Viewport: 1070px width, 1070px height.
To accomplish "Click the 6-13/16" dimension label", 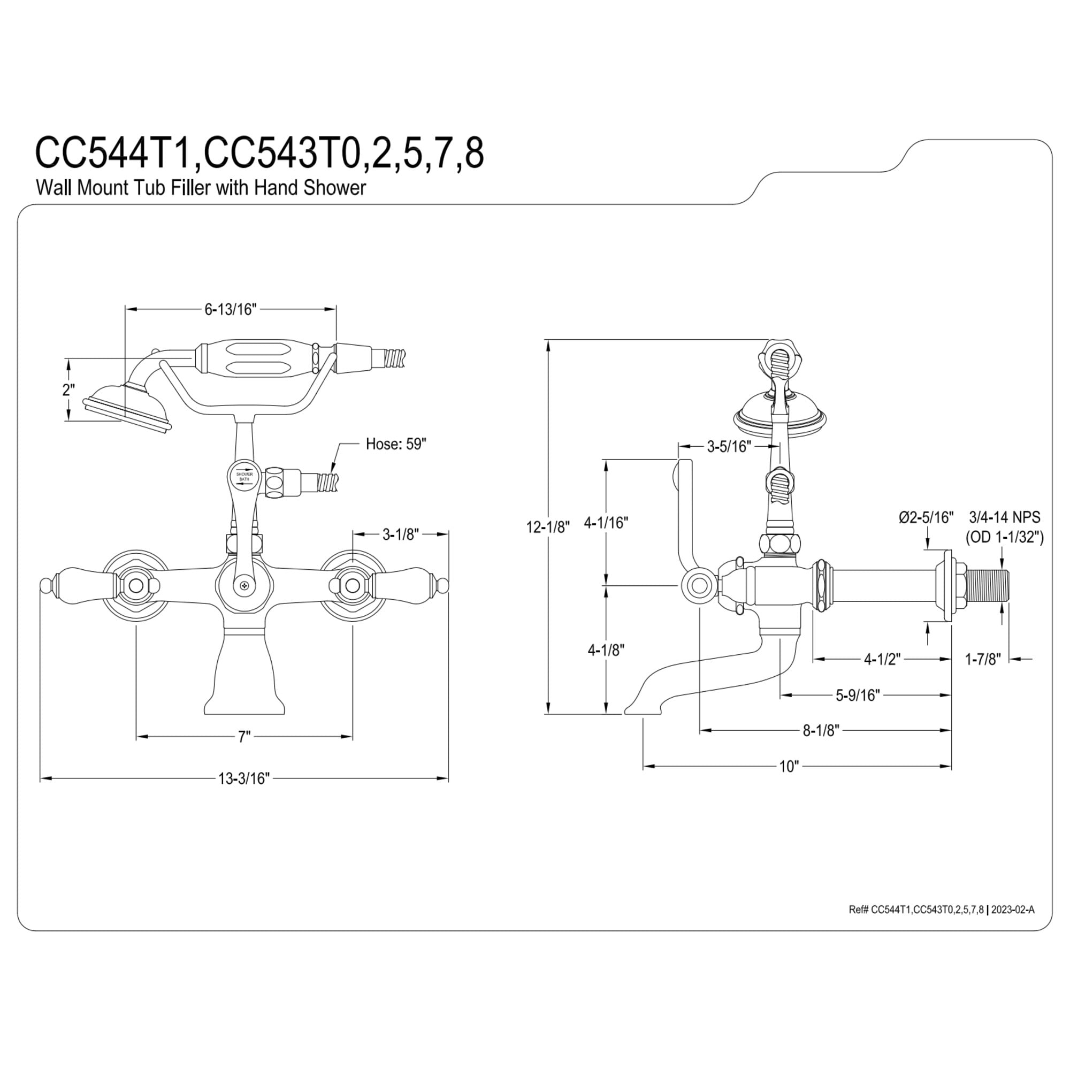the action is pos(231,310).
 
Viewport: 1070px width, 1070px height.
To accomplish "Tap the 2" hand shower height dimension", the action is pos(68,389).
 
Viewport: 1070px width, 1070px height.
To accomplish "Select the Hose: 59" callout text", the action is pos(396,444).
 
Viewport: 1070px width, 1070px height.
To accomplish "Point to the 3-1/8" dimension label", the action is pos(400,534).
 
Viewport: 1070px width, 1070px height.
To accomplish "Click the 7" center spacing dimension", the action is pos(244,737).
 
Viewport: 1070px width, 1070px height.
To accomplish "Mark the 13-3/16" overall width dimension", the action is pos(243,778).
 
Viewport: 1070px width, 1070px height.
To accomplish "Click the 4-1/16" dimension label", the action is pos(607,522).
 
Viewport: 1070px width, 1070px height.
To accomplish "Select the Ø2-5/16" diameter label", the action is pos(926,517).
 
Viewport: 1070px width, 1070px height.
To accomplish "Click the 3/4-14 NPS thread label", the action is pos(1005,517).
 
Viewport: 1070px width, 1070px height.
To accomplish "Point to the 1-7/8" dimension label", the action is pos(983,659).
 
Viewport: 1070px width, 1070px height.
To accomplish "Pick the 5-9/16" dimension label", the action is pos(858,695).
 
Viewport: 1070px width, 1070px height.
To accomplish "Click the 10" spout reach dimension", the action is pos(789,767).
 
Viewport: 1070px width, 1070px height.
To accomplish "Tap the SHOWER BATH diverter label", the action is pos(244,476).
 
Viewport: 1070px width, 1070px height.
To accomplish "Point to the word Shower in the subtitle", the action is pos(334,188).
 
